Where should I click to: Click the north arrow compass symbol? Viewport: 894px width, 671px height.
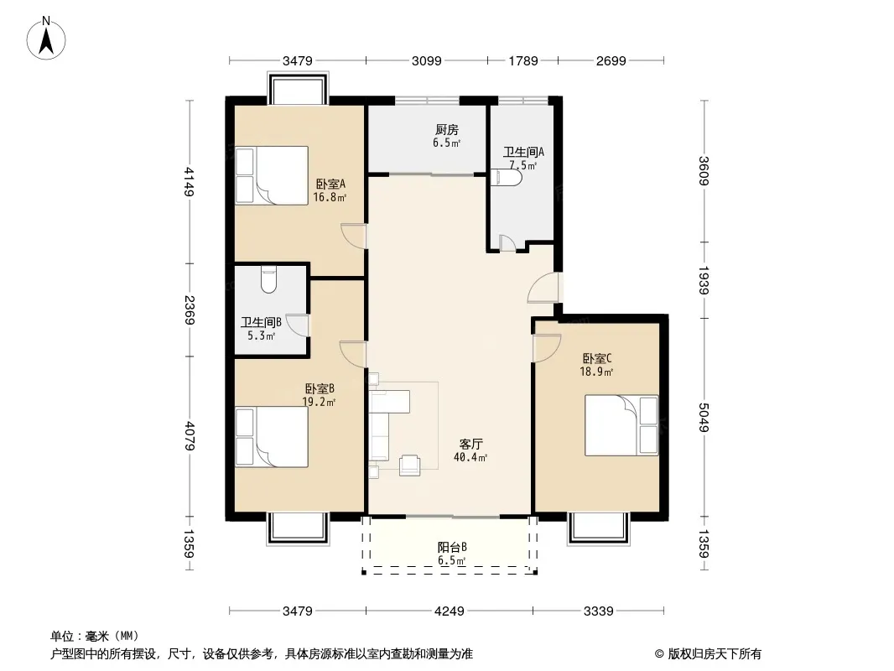coord(46,39)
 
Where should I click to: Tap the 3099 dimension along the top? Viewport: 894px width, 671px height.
coord(427,61)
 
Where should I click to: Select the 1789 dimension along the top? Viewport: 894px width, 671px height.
coord(522,61)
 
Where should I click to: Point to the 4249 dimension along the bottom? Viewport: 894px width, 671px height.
coord(450,611)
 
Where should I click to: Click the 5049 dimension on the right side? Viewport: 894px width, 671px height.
coord(704,418)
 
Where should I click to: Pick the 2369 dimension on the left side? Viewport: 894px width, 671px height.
coord(190,310)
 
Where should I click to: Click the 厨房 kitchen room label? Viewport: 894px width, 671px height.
coord(446,130)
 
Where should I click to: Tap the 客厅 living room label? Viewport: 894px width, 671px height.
coord(471,444)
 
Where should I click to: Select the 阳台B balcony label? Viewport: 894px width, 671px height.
coord(452,548)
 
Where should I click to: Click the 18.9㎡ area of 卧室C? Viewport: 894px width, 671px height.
coord(596,372)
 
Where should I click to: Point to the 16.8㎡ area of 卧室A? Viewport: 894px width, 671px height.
coord(330,198)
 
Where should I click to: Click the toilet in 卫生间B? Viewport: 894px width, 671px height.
coord(268,279)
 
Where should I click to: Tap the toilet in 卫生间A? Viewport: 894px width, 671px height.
coord(506,178)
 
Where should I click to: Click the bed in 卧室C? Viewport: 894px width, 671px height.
coord(621,425)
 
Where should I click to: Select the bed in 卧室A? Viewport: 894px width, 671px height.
coord(272,175)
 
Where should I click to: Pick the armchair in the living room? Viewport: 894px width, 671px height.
coord(409,465)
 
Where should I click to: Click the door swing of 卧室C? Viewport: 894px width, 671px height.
coord(547,348)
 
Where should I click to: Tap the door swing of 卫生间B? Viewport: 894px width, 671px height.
coord(297,325)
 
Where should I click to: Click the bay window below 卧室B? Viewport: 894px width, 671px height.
coord(299,528)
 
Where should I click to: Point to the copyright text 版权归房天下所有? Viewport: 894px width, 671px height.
coord(715,654)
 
